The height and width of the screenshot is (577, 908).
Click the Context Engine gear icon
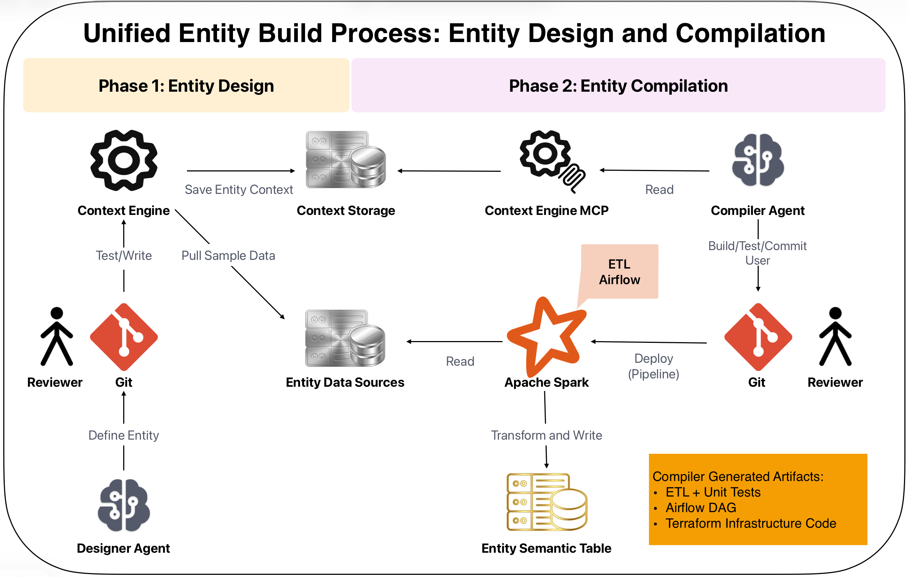point(124,160)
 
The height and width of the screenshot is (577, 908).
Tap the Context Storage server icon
point(346,159)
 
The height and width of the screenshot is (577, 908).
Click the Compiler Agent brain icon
point(758,160)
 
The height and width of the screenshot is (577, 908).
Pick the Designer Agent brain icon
point(124,505)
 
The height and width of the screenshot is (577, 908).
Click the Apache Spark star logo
point(546,337)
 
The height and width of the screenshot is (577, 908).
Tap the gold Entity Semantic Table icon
point(547,502)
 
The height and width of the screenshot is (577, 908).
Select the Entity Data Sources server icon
point(345,338)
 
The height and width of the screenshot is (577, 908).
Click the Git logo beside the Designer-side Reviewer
point(124,337)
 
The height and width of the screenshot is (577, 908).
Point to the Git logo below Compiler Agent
point(758,337)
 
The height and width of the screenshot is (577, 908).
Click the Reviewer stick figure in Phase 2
point(835,336)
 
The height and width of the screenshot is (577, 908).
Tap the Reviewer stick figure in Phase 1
point(57,336)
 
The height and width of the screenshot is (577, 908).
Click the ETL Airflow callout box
point(620,271)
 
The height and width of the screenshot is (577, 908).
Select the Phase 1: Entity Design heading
point(186,86)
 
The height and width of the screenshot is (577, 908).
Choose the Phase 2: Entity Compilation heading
point(618,86)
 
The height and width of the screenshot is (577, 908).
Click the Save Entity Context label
point(239,189)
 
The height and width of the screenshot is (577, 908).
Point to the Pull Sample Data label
point(228,255)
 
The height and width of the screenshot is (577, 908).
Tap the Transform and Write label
point(546,435)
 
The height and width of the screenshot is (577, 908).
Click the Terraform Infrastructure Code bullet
point(750,523)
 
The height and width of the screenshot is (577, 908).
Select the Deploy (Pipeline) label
point(654,366)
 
